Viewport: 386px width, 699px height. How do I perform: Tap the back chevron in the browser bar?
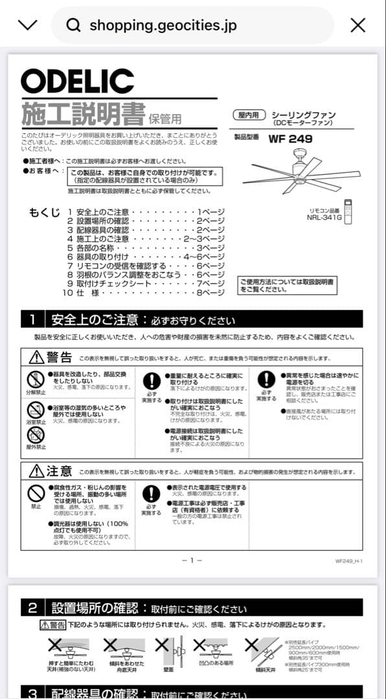point(28,25)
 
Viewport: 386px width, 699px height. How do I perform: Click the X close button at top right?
point(358,25)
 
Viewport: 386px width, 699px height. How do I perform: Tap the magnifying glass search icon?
point(74,25)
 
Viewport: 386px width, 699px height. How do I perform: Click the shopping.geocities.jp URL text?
point(163,25)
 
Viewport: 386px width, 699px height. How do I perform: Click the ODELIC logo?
point(77,81)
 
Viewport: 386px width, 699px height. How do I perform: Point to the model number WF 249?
point(291,139)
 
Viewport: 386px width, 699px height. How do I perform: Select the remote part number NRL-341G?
point(324,217)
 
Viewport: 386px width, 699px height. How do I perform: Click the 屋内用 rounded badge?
point(249,115)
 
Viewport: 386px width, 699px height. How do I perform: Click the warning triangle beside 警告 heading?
point(36,357)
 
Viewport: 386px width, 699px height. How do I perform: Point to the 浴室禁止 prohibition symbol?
point(36,410)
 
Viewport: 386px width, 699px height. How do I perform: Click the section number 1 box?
point(32,320)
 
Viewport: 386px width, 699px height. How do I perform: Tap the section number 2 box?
point(32,608)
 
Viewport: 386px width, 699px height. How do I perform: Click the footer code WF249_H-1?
point(348,561)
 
